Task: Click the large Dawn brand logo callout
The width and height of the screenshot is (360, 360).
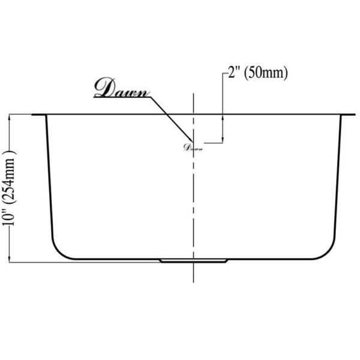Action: coord(122,89)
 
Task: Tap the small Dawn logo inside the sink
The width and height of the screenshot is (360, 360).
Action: coord(193,145)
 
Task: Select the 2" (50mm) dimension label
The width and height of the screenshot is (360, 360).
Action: coord(257,74)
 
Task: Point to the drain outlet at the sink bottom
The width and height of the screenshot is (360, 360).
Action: coord(193,260)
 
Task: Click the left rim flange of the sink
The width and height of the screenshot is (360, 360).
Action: coord(39,114)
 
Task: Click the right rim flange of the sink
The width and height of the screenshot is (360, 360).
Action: coord(347,114)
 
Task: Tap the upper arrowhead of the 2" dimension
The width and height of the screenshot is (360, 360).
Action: coord(223,118)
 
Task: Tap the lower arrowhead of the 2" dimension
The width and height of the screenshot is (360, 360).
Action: coord(223,139)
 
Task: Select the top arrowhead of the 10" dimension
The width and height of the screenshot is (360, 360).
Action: coord(10,118)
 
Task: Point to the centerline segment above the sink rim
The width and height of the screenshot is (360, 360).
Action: coord(193,103)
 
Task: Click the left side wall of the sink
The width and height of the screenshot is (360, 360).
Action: coord(47,180)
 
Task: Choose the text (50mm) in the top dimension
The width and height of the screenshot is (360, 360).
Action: coord(268,74)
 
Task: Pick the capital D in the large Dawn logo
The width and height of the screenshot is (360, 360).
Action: coord(103,89)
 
